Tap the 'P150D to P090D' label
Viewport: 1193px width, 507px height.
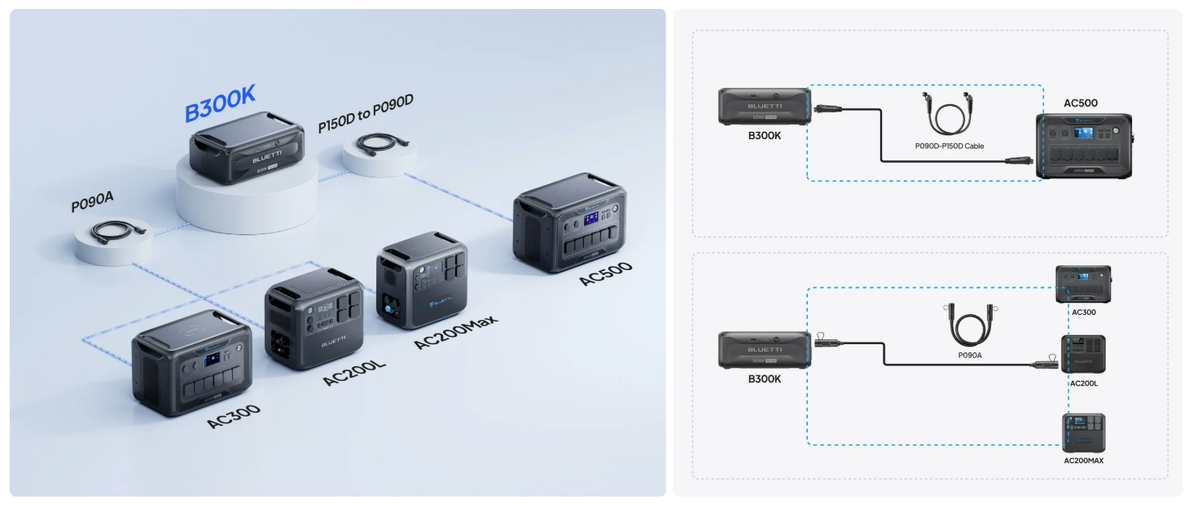(x=366, y=113)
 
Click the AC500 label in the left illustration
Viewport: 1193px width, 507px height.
(x=605, y=273)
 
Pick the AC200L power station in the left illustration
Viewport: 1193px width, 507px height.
(x=314, y=317)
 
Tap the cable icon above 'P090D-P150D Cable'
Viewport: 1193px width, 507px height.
(x=949, y=113)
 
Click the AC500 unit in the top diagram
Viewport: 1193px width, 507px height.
(x=1083, y=145)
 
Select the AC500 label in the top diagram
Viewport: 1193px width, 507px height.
(x=1081, y=103)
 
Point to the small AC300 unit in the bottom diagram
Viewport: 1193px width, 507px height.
(x=1083, y=284)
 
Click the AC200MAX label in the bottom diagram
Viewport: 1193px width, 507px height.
(x=1083, y=461)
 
